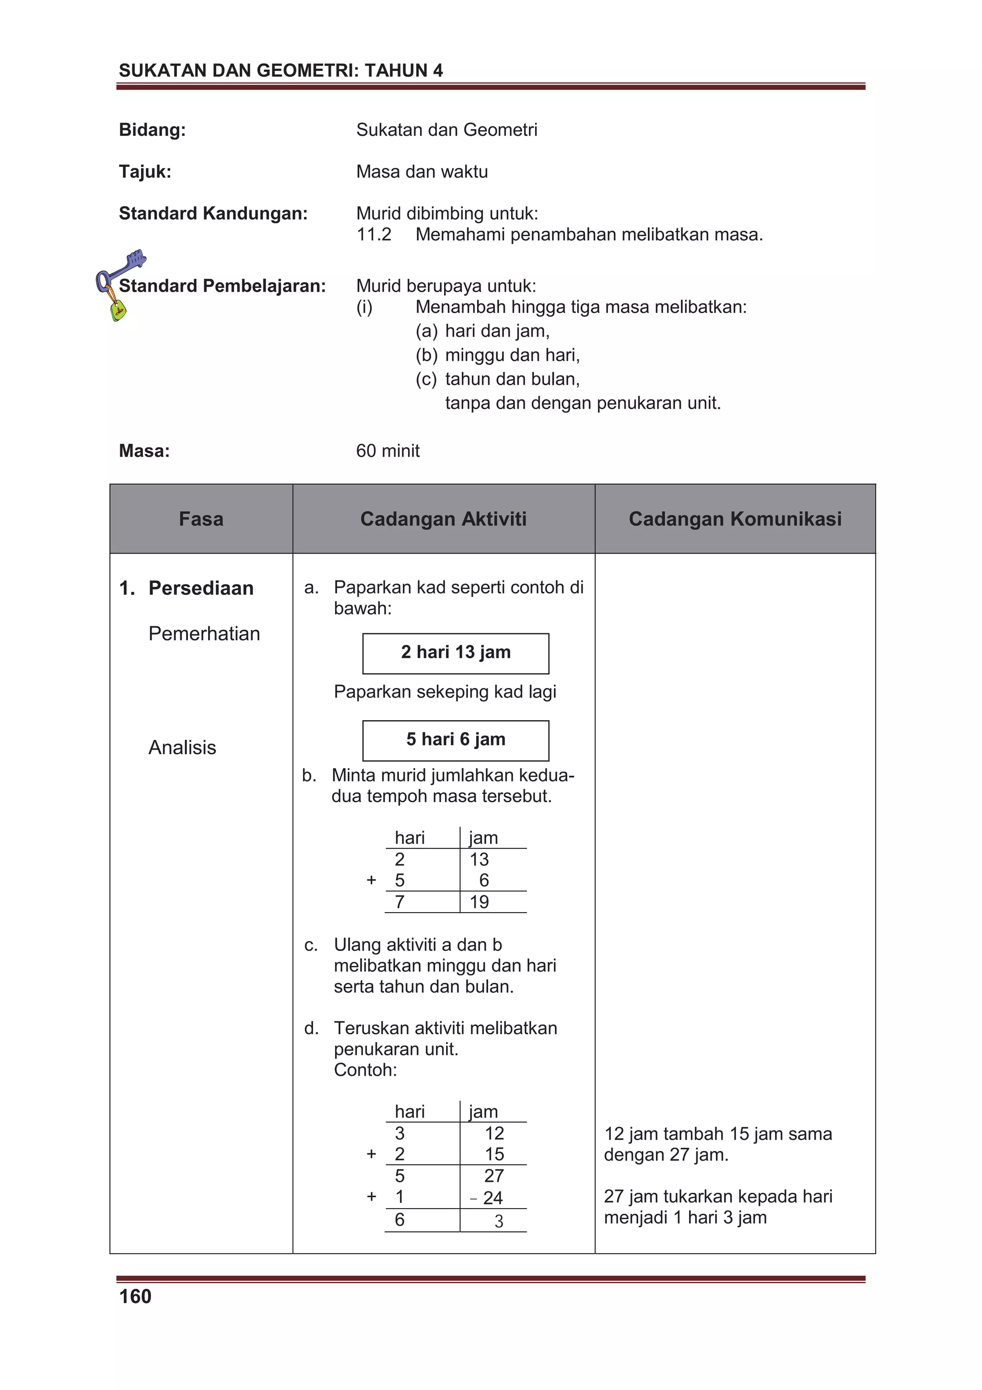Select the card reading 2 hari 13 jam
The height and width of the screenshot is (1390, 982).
456,653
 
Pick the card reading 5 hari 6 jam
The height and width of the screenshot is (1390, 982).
456,740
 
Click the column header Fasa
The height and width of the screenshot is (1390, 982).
201,519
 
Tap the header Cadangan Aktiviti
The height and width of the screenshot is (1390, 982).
443,519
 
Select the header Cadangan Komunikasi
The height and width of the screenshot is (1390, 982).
735,519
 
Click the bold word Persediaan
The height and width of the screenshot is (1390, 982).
201,588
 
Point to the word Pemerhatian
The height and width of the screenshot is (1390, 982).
204,633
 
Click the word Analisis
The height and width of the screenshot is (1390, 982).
182,747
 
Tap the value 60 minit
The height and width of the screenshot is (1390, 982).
387,451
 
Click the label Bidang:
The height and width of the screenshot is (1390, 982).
152,130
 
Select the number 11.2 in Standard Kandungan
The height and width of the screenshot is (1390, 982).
374,234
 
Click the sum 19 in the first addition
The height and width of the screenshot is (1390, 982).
479,902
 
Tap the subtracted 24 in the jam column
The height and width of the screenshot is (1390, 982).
492,1198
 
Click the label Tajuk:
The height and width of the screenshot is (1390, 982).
145,171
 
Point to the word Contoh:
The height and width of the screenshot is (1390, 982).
365,1070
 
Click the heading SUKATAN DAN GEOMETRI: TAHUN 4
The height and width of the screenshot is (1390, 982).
281,71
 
